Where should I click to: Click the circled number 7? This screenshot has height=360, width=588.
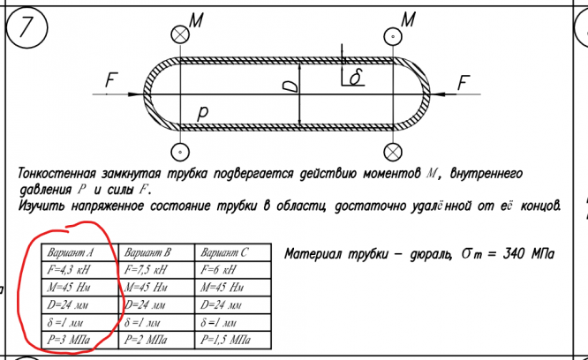pyautogui.click(x=25, y=28)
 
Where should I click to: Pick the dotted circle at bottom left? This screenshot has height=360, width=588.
pyautogui.click(x=180, y=150)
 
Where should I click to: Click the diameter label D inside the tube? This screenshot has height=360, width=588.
pyautogui.click(x=291, y=86)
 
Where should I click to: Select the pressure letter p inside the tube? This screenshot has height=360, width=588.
pyautogui.click(x=202, y=113)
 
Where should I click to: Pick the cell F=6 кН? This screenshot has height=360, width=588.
pyautogui.click(x=226, y=270)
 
